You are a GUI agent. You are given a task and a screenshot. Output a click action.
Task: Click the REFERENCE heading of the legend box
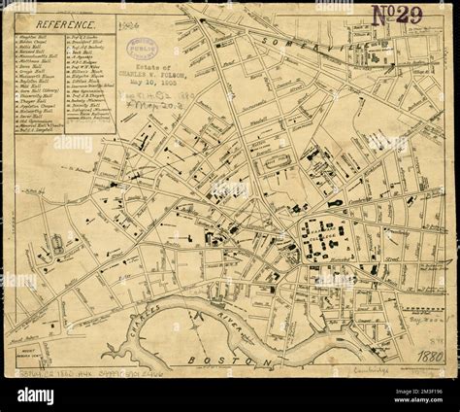point(65,22)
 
